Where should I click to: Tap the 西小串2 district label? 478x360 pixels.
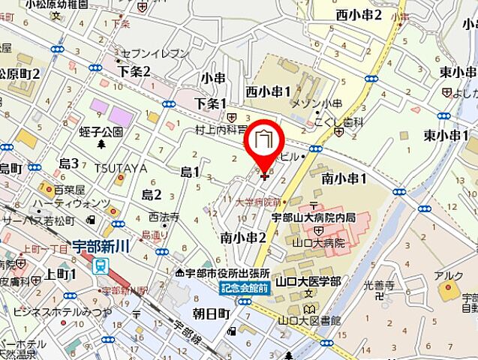[359, 14]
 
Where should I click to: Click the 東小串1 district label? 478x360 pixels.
[443, 136]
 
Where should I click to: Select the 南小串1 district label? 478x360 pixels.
[344, 178]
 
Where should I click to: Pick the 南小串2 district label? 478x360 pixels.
[244, 237]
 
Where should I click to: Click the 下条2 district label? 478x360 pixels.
[134, 71]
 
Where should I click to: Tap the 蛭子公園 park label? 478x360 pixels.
[101, 132]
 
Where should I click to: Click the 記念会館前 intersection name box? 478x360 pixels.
[242, 287]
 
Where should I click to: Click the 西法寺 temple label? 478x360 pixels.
[163, 217]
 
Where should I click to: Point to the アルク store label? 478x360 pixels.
[449, 275]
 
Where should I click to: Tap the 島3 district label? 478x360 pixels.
[69, 163]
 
